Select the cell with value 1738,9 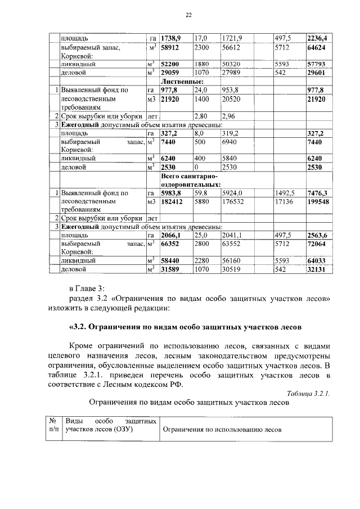(x=171, y=38)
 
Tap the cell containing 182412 (x=172, y=201)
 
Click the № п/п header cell (x=55, y=425)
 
